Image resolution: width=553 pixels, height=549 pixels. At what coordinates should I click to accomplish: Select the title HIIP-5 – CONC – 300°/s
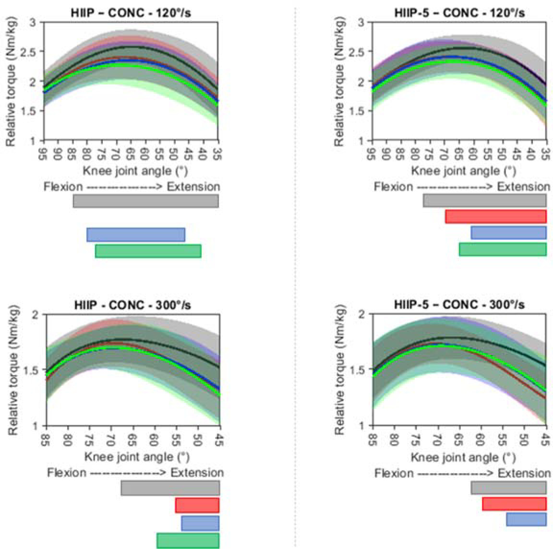pyautogui.click(x=459, y=305)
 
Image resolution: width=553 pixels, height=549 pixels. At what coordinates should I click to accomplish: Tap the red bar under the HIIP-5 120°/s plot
pyautogui.click(x=495, y=217)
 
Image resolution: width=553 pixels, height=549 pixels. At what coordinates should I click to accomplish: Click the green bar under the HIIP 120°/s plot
pyautogui.click(x=148, y=251)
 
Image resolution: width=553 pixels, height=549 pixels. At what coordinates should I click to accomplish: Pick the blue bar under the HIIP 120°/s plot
pyautogui.click(x=136, y=235)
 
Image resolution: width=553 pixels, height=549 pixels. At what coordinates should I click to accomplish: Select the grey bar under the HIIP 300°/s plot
pyautogui.click(x=170, y=488)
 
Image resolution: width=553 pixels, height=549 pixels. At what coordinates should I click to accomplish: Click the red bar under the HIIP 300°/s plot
pyautogui.click(x=197, y=505)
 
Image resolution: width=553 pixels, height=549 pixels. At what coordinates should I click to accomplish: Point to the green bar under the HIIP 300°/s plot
pyautogui.click(x=188, y=540)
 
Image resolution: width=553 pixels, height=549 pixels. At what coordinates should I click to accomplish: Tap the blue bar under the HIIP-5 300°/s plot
pyautogui.click(x=526, y=519)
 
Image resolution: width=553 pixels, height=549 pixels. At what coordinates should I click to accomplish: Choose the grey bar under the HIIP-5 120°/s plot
pyautogui.click(x=484, y=200)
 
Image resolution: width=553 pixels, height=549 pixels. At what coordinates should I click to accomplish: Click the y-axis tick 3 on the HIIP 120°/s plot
pyautogui.click(x=33, y=22)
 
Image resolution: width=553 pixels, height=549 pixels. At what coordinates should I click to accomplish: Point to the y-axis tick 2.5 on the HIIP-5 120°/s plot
pyautogui.click(x=358, y=52)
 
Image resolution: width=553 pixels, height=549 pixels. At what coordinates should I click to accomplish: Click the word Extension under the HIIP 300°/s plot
pyautogui.click(x=197, y=473)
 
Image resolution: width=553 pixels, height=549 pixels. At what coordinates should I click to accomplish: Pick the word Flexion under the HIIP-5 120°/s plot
pyautogui.click(x=393, y=186)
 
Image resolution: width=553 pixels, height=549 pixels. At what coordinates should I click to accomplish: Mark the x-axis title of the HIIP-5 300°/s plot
pyautogui.click(x=463, y=457)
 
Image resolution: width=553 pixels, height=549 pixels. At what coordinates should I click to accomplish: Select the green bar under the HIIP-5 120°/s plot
pyautogui.click(x=502, y=249)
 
